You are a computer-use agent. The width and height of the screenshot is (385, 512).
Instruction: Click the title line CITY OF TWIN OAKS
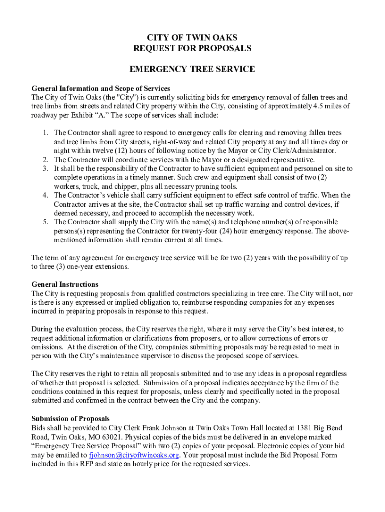coord(192,38)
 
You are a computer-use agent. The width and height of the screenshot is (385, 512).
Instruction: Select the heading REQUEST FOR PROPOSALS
coord(192,48)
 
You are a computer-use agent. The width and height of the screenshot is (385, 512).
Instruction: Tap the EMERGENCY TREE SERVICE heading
coord(192,69)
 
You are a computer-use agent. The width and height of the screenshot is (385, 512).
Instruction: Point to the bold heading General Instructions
coord(65,284)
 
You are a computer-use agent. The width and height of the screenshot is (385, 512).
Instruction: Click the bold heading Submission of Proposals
coord(71,418)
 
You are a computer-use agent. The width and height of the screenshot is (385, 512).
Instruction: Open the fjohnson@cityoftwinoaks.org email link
coord(134,455)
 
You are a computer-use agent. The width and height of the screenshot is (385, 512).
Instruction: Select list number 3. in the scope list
coord(45,169)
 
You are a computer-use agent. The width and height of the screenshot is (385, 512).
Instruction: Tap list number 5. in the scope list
coord(45,222)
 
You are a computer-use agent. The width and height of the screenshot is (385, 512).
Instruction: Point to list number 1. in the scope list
coord(45,133)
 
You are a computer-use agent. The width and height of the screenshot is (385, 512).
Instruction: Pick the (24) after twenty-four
coord(234,231)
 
